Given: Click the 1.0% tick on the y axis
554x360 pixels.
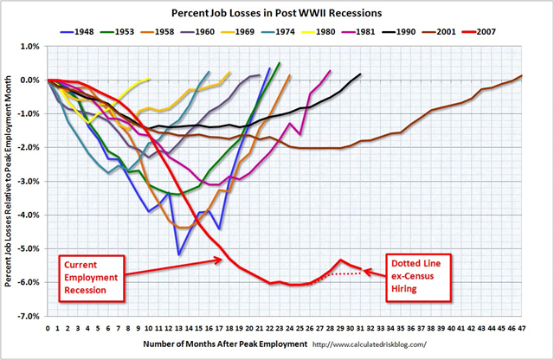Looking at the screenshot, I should click(x=32, y=46).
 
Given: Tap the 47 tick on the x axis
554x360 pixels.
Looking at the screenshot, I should click(x=522, y=329).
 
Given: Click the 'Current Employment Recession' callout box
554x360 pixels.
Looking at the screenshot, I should click(x=89, y=275).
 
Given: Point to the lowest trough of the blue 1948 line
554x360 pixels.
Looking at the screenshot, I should click(x=178, y=254).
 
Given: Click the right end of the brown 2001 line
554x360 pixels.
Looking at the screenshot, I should click(x=521, y=76).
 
